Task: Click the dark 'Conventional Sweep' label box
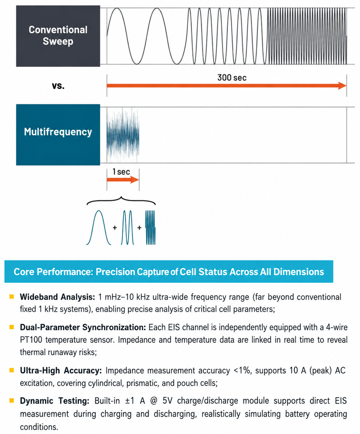pos(58,36)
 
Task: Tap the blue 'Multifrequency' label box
pos(58,135)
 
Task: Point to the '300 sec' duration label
pos(232,78)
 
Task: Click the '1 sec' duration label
pos(121,172)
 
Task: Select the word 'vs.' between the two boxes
pos(58,86)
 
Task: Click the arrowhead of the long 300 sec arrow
pos(342,86)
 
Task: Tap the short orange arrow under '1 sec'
pos(123,180)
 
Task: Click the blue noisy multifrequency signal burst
pos(123,135)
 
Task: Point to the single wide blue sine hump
pos(99,227)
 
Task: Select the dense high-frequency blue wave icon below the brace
pos(150,227)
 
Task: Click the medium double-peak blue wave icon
pos(127,227)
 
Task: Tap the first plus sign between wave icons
pos(115,227)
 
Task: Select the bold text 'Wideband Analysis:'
pos(58,297)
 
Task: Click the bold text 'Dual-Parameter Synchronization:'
pos(83,327)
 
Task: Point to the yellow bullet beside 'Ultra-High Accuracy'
pos(11,370)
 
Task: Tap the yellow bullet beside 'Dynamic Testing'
pos(11,400)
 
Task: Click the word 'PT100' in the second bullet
pos(31,340)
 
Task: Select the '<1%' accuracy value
pos(243,370)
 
